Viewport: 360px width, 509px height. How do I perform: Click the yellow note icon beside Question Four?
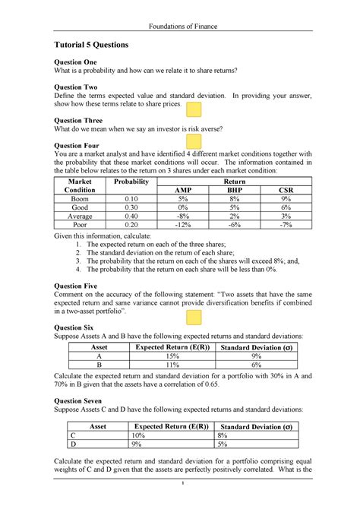coord(194,143)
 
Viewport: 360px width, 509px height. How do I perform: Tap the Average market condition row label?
coord(80,217)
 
